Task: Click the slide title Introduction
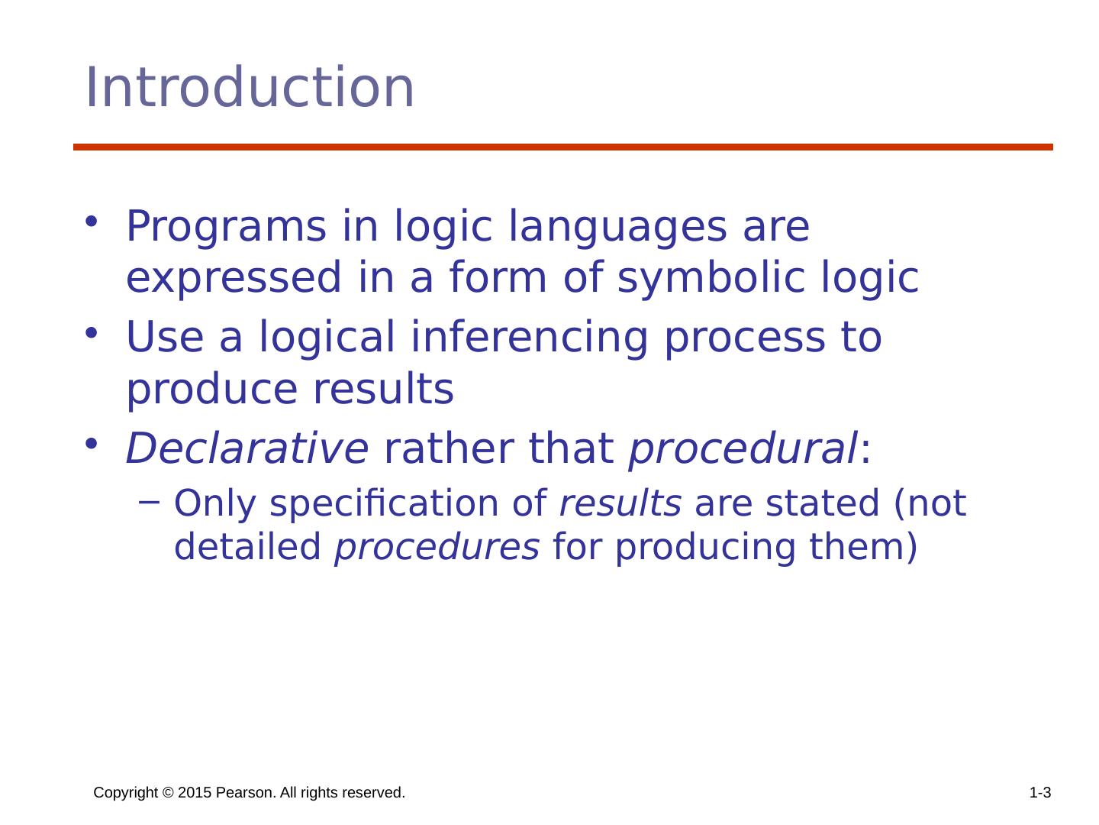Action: (250, 87)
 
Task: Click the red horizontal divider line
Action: (562, 147)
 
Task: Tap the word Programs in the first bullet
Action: (226, 226)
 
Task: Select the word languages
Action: (617, 226)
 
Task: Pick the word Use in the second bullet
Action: (165, 337)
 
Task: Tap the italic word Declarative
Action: (247, 448)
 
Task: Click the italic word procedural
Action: (743, 449)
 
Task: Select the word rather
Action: (449, 448)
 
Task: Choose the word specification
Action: (384, 503)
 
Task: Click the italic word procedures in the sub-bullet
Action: (437, 547)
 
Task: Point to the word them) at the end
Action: (863, 546)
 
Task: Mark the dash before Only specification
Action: (149, 502)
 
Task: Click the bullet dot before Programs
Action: (91, 221)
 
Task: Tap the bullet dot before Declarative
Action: (91, 443)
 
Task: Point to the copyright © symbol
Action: (168, 792)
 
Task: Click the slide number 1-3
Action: (1040, 792)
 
